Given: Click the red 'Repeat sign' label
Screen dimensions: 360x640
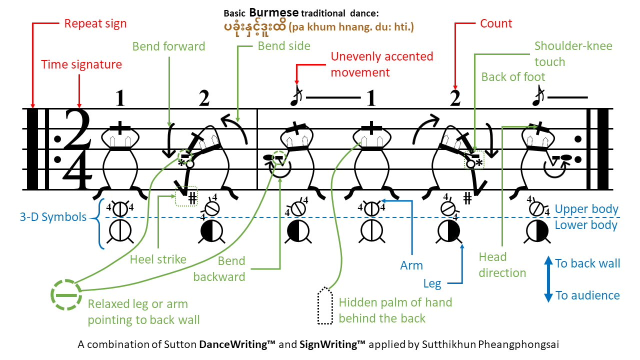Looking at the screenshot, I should coord(95,23).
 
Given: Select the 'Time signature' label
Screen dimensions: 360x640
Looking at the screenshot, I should coord(81,64).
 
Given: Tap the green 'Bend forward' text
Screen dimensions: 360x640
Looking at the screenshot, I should coord(169,46).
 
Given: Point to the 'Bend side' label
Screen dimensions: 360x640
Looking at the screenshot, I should coord(284,46).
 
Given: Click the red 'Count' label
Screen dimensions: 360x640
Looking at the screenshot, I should coord(496,23).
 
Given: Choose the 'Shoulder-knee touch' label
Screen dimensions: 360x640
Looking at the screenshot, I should coord(573,54).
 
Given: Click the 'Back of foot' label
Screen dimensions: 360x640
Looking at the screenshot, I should coord(513,77).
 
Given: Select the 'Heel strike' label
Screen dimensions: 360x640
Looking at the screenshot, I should coord(158,259).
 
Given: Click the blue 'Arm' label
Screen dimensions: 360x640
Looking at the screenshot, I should coord(411,265).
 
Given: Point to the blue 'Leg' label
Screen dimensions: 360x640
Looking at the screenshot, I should coord(432,284).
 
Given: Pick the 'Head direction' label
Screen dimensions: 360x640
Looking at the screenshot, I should coord(502,265).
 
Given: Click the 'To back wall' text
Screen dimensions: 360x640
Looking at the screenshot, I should coord(587,263).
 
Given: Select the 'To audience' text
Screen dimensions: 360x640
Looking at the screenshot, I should coord(587,295).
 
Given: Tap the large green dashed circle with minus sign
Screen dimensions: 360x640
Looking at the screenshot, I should coord(66,295).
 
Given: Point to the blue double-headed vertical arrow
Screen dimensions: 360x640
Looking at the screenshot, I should coord(547,279).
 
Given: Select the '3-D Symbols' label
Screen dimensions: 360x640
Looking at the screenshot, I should coord(52,217).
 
